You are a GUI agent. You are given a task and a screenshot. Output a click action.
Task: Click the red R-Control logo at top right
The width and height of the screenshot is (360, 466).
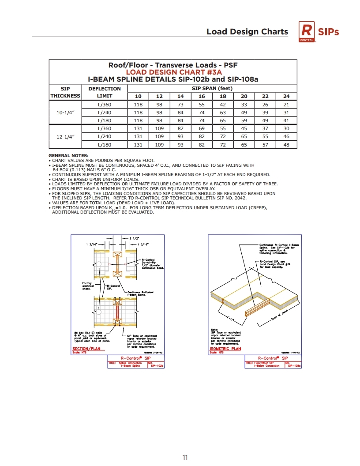coord(307,32)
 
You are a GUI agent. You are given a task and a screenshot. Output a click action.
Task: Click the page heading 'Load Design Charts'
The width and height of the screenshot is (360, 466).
coord(247,32)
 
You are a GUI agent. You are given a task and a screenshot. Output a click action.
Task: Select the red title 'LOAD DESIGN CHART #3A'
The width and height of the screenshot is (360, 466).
coord(173,72)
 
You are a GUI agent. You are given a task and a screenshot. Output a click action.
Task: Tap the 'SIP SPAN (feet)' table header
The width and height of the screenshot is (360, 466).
coord(212,89)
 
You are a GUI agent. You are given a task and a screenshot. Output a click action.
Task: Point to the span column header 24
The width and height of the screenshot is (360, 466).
coord(286,96)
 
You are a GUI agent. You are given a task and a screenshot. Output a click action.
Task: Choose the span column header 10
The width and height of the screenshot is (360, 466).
coord(138,96)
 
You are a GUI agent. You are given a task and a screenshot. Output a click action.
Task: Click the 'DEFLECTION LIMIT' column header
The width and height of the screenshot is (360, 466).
coord(105,92)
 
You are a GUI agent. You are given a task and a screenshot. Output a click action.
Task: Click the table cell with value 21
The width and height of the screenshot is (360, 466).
coord(286,105)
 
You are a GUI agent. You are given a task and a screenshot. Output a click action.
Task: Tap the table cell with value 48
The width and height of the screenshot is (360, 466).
coord(286,145)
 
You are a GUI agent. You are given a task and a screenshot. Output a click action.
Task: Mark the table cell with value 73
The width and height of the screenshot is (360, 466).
coord(180,105)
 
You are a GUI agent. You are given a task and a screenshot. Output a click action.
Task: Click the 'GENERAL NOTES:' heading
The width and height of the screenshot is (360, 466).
coord(68,155)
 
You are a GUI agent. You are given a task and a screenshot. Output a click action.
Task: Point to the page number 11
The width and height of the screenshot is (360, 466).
coord(185,458)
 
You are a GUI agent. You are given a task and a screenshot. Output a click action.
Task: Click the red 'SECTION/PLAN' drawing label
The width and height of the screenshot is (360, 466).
coord(86,349)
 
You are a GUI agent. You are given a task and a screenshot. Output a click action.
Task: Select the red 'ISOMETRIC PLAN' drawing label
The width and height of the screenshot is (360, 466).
coord(225,349)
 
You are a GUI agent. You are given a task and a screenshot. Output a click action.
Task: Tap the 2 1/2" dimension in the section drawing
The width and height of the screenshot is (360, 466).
coord(135,239)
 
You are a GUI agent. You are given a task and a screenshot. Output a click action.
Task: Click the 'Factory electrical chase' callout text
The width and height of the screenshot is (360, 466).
coord(88,286)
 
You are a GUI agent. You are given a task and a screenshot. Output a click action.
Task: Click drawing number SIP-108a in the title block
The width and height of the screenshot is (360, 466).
coord(294,366)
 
